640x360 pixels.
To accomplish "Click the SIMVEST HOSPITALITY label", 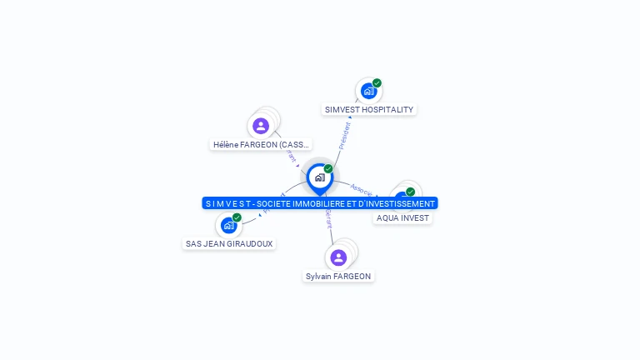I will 368,109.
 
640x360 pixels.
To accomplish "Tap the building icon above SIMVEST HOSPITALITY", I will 368,91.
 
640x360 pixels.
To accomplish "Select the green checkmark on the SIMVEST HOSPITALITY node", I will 377,83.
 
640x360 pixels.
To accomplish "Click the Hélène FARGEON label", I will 261,144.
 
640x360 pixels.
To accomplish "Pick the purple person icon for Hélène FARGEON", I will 261,126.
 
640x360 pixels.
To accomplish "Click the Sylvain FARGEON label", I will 338,276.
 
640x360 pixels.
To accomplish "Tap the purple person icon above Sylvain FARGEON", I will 338,257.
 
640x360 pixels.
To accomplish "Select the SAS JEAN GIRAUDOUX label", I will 228,243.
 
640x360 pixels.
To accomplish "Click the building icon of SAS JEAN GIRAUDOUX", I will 228,225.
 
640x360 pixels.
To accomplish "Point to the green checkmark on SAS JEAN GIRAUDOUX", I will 237,217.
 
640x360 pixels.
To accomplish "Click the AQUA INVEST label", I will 402,217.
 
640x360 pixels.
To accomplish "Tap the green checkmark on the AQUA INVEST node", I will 410,192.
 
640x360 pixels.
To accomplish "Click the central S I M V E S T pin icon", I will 319,177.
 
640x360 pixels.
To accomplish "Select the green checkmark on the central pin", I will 328,169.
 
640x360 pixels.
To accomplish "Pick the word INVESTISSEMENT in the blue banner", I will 399,203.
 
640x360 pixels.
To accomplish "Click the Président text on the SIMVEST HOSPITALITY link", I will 344,135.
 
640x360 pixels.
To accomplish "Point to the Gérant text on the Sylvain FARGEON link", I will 328,218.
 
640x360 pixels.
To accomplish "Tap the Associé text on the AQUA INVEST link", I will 362,189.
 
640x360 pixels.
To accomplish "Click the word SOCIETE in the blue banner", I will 276,203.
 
